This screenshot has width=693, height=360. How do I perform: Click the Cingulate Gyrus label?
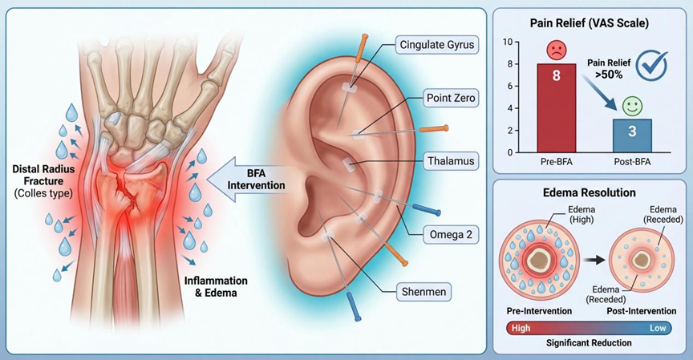pos(438,45)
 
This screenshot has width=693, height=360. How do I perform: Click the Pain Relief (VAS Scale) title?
pos(589,22)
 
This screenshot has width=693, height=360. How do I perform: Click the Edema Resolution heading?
pos(589,193)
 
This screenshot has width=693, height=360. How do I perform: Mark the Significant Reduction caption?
pos(589,343)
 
